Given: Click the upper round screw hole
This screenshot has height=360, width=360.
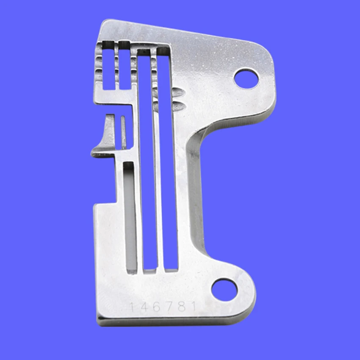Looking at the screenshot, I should [246, 79].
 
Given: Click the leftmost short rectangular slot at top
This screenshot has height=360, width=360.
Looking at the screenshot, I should [108, 66].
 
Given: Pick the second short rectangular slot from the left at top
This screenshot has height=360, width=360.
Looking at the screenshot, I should [124, 66].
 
